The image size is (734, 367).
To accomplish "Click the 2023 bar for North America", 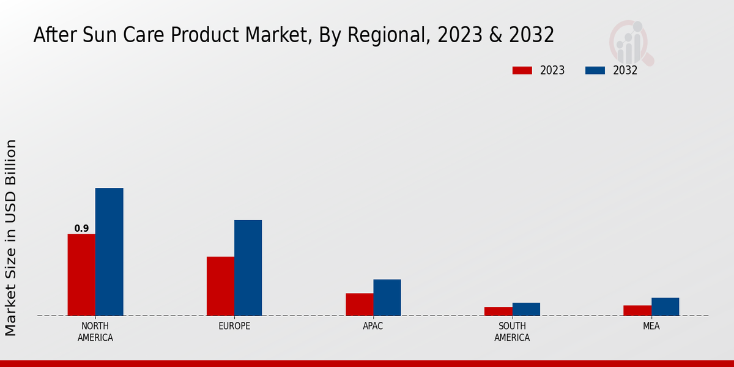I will pyautogui.click(x=81, y=275).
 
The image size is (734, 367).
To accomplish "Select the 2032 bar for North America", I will pyautogui.click(x=109, y=251).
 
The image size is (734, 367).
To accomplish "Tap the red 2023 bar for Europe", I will pyautogui.click(x=220, y=286).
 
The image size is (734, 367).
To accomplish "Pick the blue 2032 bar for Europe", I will pyautogui.click(x=248, y=267).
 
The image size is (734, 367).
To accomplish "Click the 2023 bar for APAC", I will pyautogui.click(x=359, y=304).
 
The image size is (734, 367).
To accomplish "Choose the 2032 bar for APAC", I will pyautogui.click(x=387, y=297).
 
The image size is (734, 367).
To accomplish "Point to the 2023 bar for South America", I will pyautogui.click(x=498, y=311).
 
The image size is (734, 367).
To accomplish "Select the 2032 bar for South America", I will pyautogui.click(x=526, y=309).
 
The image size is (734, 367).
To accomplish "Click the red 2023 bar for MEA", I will pyautogui.click(x=637, y=310).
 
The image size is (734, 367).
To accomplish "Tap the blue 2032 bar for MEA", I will pyautogui.click(x=665, y=306).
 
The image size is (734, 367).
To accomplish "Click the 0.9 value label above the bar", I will pyautogui.click(x=81, y=229).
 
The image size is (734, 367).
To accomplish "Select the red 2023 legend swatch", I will pyautogui.click(x=522, y=70).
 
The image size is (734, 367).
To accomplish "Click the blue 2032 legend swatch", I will pyautogui.click(x=595, y=70).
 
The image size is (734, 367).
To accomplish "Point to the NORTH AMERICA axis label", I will pyautogui.click(x=95, y=332).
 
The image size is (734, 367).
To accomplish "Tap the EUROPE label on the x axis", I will pyautogui.click(x=234, y=326).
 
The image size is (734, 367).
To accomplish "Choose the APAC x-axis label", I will pyautogui.click(x=373, y=326).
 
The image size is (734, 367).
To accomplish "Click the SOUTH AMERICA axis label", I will pyautogui.click(x=512, y=332).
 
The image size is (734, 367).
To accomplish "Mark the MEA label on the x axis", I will pyautogui.click(x=651, y=326).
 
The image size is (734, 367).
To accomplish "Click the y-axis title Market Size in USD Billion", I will pyautogui.click(x=11, y=237).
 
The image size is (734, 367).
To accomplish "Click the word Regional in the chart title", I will pyautogui.click(x=382, y=35).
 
